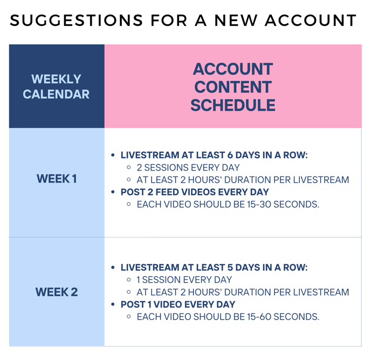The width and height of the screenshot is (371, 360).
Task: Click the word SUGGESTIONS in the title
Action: coord(77,21)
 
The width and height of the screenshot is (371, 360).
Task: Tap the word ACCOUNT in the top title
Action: coord(311,21)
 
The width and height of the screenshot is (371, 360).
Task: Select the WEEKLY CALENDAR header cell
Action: coord(56,86)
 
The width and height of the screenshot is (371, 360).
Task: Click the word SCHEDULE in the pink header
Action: coord(233,105)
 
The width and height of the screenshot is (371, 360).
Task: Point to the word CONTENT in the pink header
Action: coord(233,87)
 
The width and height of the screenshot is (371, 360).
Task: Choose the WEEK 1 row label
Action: coord(57,179)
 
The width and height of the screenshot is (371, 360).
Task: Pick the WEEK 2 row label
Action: coord(57,292)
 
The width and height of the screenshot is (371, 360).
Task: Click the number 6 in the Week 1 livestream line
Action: coord(230,155)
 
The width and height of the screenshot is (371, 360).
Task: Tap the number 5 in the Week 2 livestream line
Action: coord(230,267)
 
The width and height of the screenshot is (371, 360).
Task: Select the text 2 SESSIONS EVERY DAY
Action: coord(188,168)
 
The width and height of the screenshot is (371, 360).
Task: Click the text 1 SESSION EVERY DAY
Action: coord(184,280)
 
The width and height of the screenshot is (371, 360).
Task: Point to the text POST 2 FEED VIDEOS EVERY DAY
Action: coord(195,192)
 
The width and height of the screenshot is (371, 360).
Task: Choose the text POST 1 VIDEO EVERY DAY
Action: coord(178,304)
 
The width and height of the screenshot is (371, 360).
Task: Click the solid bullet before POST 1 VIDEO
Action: coord(113,304)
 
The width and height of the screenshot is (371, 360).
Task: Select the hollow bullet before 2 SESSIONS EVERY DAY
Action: coord(129,167)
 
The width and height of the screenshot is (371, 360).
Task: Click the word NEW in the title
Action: coord(236,21)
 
